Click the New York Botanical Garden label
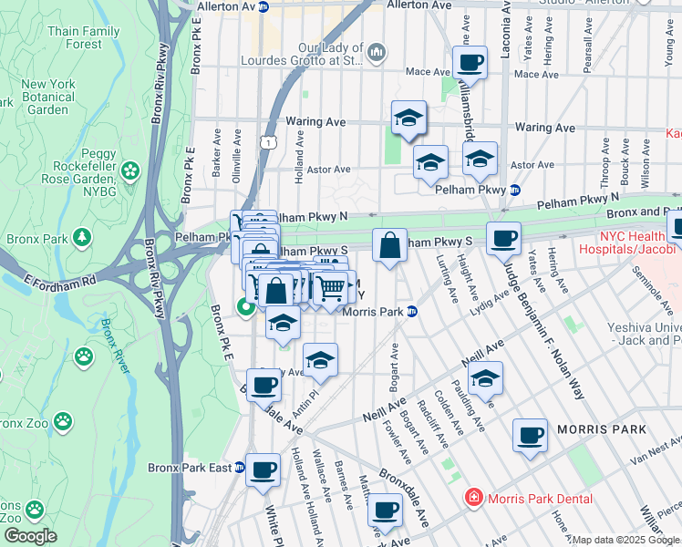click(47, 97)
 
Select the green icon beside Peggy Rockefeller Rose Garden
click(129, 170)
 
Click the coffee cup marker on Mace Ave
click(470, 63)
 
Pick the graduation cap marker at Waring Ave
click(408, 118)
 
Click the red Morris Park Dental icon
click(473, 498)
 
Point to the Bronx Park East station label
click(190, 468)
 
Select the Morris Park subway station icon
click(412, 312)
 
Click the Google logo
click(30, 535)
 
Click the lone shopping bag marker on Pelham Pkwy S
click(389, 246)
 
